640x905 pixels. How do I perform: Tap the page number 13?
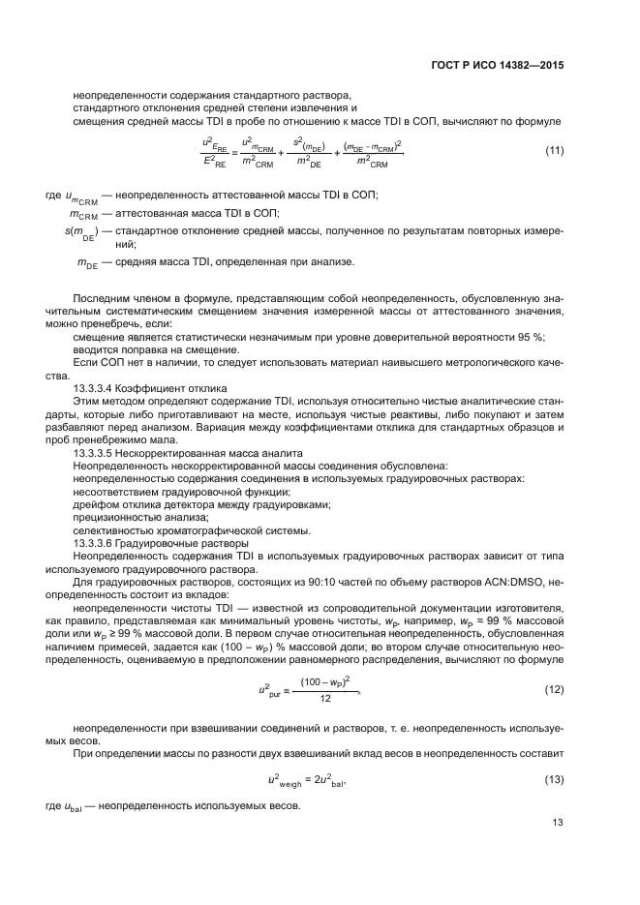(557, 824)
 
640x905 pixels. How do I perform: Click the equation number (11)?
(555, 150)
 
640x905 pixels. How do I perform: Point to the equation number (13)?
(555, 778)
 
